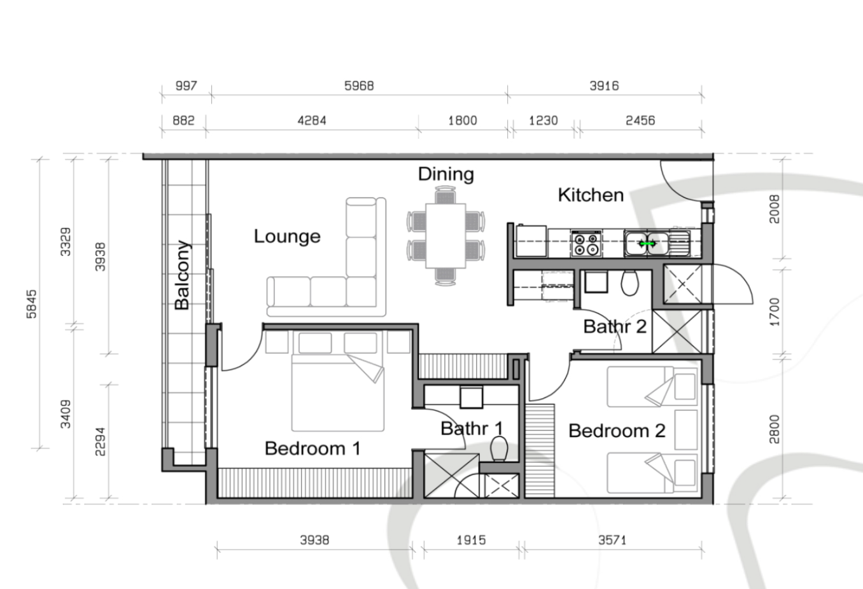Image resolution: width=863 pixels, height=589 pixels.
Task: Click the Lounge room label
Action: [x=287, y=237]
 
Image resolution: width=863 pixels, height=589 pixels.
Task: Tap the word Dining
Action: [x=446, y=174]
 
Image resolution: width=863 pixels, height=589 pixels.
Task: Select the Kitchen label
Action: [x=591, y=195]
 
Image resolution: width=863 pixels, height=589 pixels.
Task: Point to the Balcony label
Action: [x=182, y=275]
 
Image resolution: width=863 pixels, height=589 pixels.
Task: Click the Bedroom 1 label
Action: [x=312, y=448]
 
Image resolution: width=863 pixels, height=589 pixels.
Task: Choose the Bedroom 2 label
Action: [x=617, y=431]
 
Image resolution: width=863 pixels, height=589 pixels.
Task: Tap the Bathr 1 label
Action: [x=472, y=429]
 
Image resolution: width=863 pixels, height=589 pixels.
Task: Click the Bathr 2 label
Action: [x=615, y=326]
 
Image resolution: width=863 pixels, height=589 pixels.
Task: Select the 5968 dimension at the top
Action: [x=359, y=85]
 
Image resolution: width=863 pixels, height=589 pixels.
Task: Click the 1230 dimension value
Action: [x=544, y=120]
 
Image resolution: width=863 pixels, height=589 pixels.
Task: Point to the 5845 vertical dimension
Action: [x=32, y=304]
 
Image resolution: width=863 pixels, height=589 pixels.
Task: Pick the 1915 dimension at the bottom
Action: [x=471, y=541]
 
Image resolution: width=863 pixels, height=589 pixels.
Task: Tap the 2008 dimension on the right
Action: [x=774, y=209]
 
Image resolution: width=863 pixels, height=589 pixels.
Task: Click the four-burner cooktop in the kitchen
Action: [x=586, y=244]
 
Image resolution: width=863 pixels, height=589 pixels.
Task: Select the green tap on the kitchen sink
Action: [x=647, y=244]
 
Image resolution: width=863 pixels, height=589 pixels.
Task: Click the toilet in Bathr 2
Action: [x=630, y=283]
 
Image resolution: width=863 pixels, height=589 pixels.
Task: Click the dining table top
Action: [x=446, y=236]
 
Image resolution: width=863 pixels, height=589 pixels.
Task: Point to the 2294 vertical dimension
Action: [x=100, y=441]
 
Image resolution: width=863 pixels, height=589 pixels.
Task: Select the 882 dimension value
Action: [x=183, y=120]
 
